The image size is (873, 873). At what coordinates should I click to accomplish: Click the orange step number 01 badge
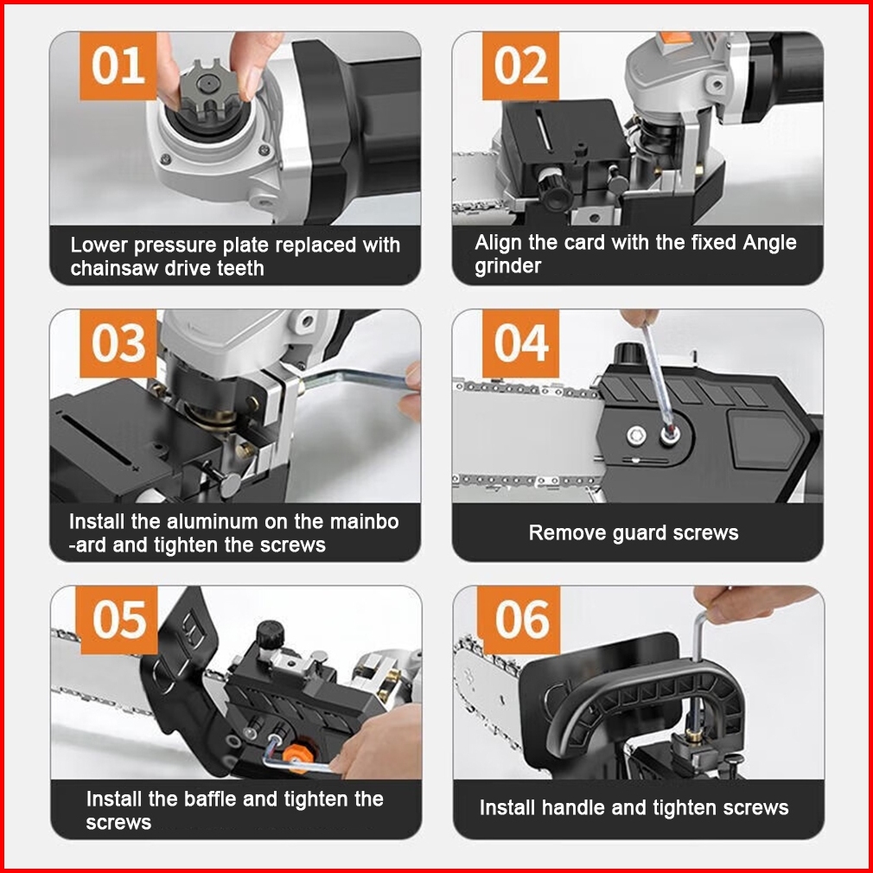[118, 66]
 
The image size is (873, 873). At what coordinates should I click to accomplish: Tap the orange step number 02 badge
[520, 66]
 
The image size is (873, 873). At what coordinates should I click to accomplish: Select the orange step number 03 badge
[118, 343]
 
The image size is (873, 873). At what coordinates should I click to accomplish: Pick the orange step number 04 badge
[520, 343]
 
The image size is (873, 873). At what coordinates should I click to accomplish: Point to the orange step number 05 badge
[119, 620]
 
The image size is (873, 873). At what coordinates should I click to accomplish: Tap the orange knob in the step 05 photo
[296, 755]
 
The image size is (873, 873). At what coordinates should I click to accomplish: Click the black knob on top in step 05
[271, 634]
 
